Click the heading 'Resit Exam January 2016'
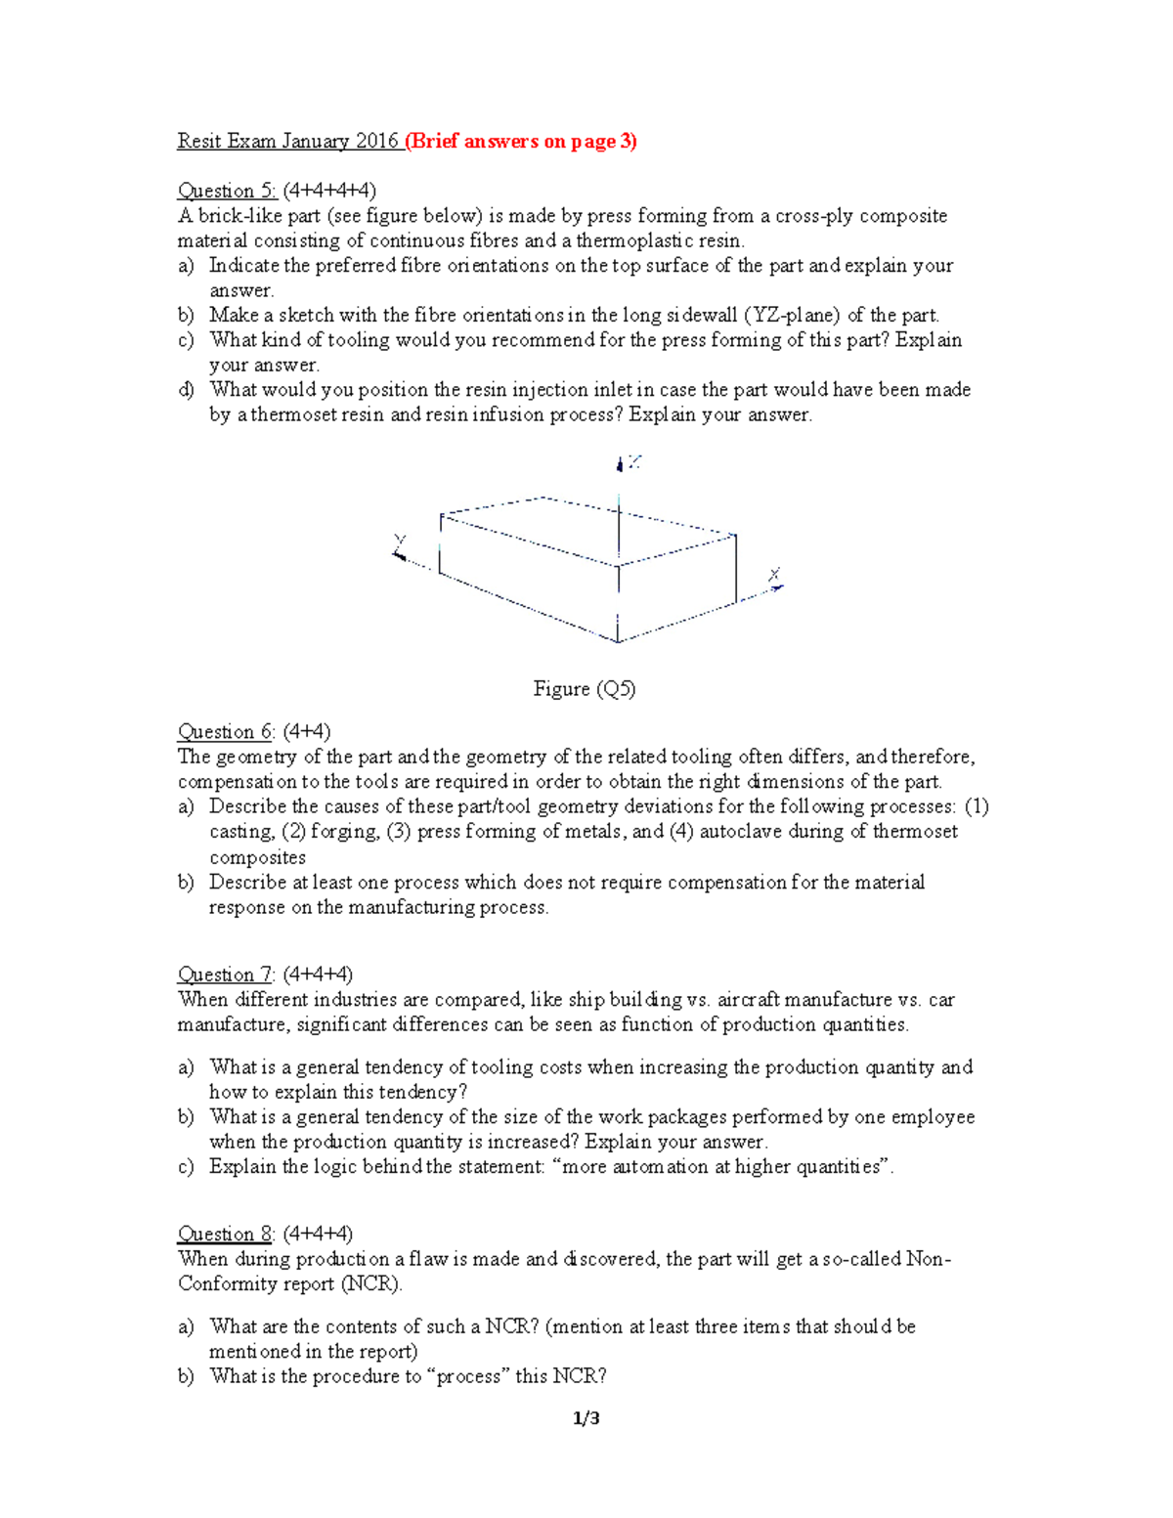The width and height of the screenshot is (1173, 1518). (x=287, y=141)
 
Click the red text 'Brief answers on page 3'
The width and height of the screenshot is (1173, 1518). (x=521, y=141)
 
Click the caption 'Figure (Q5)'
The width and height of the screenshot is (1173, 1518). (x=585, y=689)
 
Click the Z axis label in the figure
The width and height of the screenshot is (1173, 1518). (x=634, y=461)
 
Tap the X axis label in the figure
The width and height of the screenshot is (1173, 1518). (x=774, y=574)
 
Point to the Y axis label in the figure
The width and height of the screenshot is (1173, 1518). (x=399, y=541)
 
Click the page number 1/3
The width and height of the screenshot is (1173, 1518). (x=586, y=1418)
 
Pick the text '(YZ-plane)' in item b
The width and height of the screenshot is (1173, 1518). (x=792, y=315)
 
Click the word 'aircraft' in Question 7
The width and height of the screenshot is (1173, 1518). (x=748, y=999)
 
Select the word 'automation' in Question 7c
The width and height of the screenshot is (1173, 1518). (x=660, y=1166)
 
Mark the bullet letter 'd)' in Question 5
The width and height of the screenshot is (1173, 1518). (x=186, y=390)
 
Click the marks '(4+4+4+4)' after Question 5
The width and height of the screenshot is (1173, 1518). (x=329, y=191)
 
